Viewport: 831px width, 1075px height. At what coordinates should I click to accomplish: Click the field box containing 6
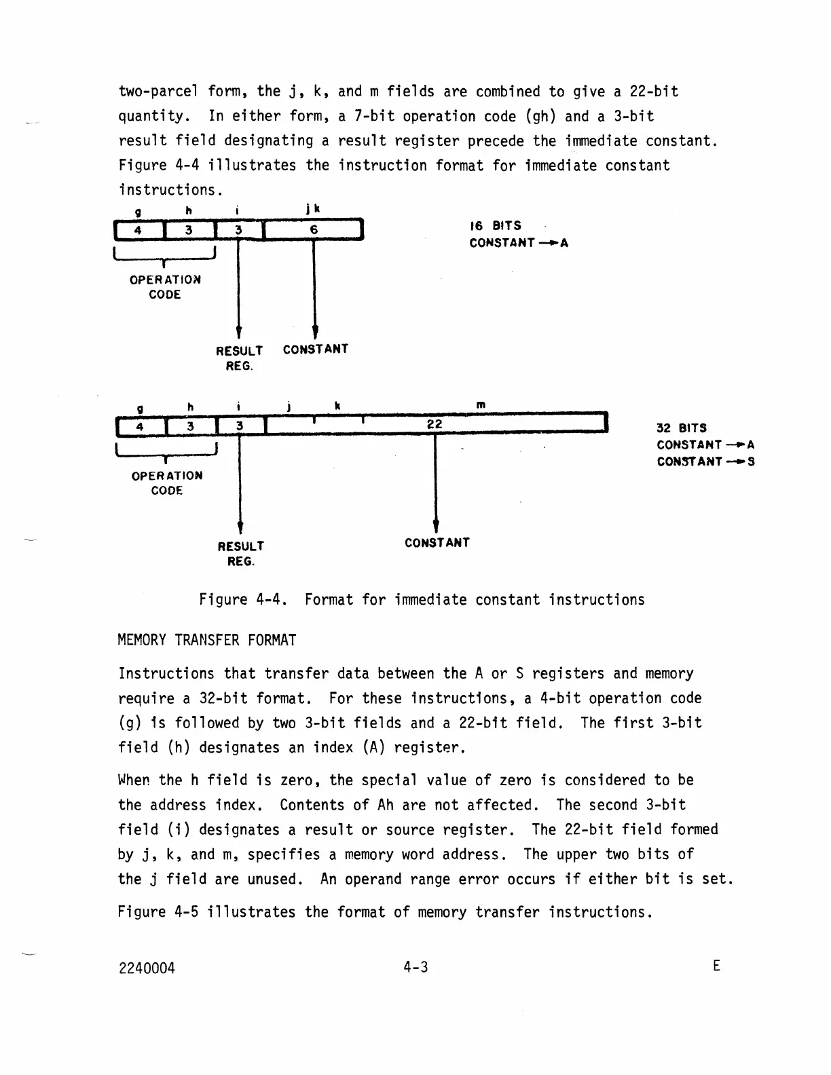click(x=314, y=230)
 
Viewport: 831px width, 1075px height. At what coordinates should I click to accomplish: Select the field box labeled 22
click(x=435, y=424)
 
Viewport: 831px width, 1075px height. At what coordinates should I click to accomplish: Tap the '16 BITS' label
click(x=496, y=225)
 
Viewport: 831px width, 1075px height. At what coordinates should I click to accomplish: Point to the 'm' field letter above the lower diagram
click(x=481, y=405)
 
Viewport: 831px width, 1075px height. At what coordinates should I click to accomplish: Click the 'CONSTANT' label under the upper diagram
click(x=316, y=350)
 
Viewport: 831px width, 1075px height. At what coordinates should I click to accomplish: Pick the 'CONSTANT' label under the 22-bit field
click(x=437, y=543)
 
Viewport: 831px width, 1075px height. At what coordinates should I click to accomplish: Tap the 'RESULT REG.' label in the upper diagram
click(x=239, y=358)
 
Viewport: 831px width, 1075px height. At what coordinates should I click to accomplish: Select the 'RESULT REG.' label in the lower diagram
click(x=241, y=554)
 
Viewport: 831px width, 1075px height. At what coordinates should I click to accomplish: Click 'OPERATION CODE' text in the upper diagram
click(x=165, y=287)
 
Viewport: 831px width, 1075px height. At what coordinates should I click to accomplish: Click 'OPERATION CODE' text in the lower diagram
click(x=167, y=483)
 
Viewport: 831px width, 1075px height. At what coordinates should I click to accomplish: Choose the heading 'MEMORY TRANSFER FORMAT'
click(x=207, y=641)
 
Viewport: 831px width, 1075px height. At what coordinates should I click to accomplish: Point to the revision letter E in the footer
click(x=716, y=966)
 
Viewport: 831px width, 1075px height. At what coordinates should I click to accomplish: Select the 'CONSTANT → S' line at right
click(x=705, y=461)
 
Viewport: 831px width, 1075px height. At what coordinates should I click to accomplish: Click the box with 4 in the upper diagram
click(x=138, y=230)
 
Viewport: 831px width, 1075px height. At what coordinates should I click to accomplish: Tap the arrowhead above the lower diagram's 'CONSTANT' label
click(x=435, y=526)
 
